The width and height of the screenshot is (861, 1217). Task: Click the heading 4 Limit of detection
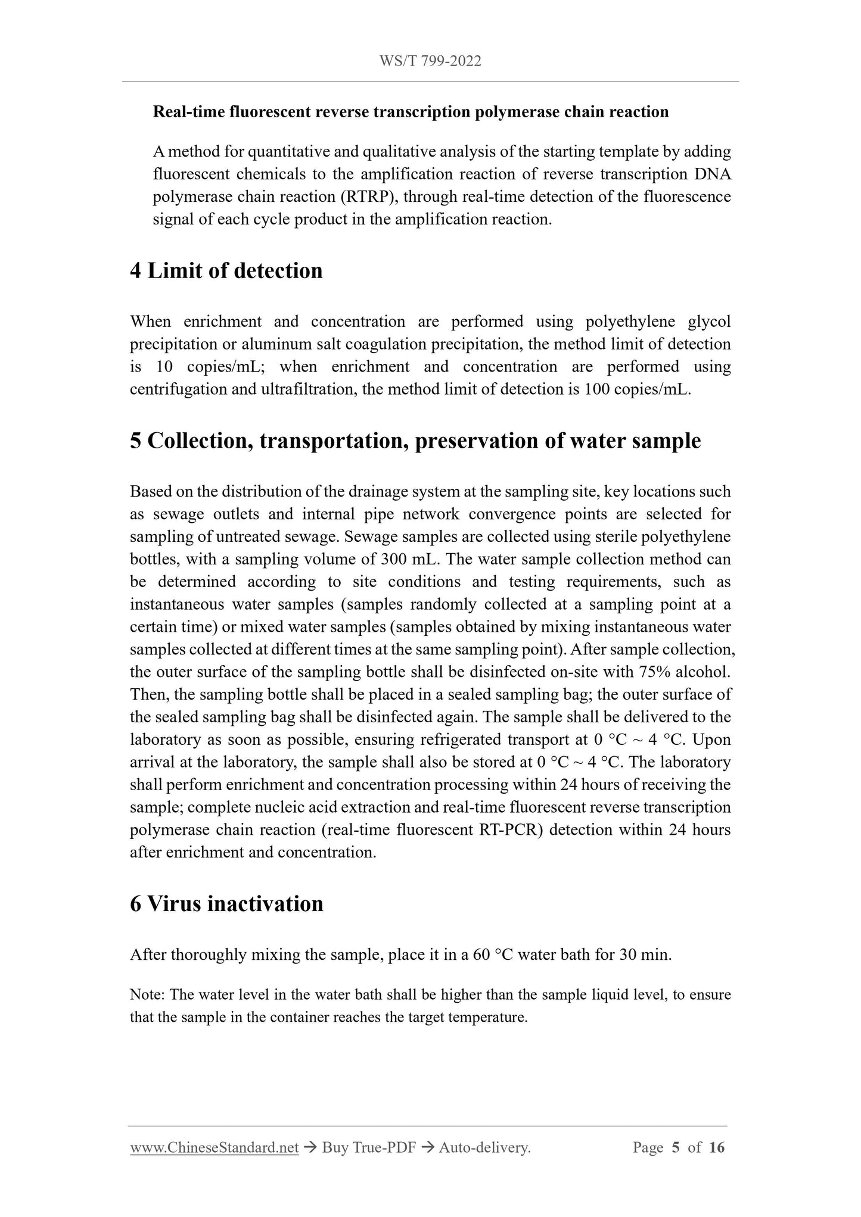[226, 271]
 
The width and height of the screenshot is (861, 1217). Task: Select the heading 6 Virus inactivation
[226, 904]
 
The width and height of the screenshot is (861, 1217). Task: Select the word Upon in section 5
[712, 740]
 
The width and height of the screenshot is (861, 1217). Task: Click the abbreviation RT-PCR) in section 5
[511, 830]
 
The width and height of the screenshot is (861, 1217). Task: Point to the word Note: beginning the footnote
[148, 995]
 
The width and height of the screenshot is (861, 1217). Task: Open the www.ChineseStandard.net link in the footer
[214, 1148]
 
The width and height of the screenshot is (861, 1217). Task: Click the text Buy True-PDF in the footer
[368, 1148]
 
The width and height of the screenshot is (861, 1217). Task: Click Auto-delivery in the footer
[484, 1148]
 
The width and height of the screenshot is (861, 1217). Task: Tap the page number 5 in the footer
[675, 1148]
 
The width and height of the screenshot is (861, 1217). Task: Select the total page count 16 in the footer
[717, 1148]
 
